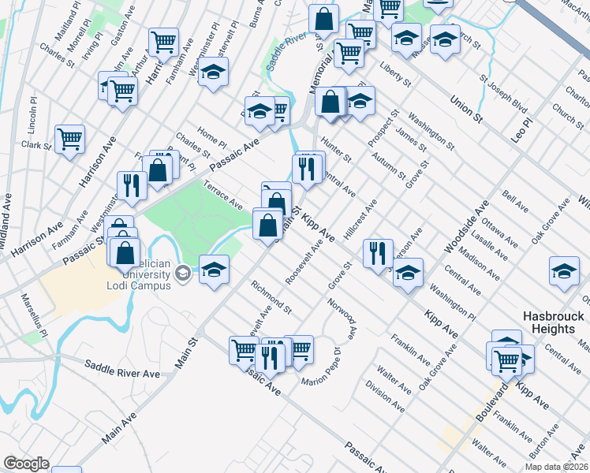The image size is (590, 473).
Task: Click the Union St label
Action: pyautogui.click(x=465, y=109)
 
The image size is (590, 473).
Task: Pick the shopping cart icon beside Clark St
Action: pyautogui.click(x=70, y=139)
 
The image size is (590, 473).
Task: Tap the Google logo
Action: pyautogui.click(x=26, y=464)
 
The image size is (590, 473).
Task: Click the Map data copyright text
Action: pyautogui.click(x=557, y=467)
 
